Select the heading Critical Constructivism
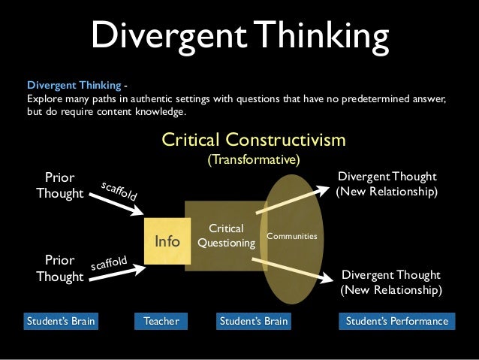pos(254,140)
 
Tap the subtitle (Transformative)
pos(254,160)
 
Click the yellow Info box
pos(167,241)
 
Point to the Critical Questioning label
pos(226,235)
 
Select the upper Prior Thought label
pos(59,186)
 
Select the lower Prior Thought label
pos(59,268)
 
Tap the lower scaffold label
pos(110,264)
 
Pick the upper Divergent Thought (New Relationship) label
pos(387,183)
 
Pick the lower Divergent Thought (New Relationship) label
pos(391,282)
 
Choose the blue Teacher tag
pos(161,322)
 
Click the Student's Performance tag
pos(396,322)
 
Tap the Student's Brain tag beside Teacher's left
pos(62,322)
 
